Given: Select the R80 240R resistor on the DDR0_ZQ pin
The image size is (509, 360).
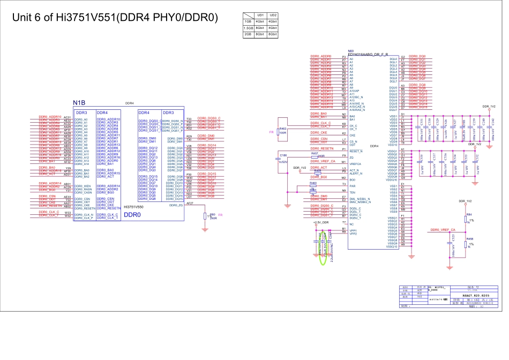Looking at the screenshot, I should pyautogui.click(x=205, y=216).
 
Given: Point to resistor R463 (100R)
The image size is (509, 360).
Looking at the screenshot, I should pyautogui.click(x=279, y=132).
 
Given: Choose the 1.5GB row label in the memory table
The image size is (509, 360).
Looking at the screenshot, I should pyautogui.click(x=248, y=28).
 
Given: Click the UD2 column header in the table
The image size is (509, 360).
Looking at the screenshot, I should pyautogui.click(x=273, y=15).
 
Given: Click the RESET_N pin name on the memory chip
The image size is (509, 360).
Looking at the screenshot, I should pyautogui.click(x=356, y=151).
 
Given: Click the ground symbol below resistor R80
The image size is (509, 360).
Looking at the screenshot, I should pyautogui.click(x=205, y=230).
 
